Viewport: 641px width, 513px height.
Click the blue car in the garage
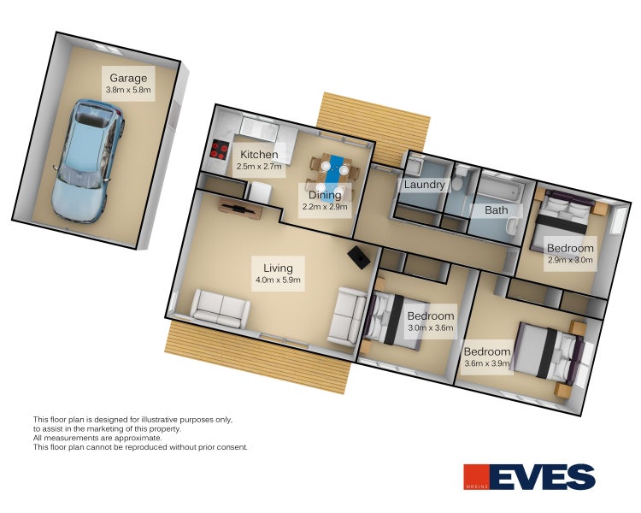[x=87, y=161]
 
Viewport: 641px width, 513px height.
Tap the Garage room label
[x=128, y=78]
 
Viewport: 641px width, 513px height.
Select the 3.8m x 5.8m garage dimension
[x=128, y=90]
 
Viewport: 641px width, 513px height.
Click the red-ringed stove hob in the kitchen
[x=220, y=150]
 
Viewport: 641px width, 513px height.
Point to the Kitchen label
[x=259, y=154]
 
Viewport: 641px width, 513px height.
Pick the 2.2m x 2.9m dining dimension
[x=325, y=207]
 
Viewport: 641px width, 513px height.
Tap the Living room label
[x=278, y=268]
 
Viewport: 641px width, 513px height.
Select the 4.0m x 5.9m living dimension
[x=278, y=280]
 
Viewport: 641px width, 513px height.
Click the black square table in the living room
[x=359, y=257]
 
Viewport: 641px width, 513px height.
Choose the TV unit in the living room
[x=240, y=209]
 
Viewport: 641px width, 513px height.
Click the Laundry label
[x=424, y=185]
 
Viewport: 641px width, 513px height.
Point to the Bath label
[x=497, y=209]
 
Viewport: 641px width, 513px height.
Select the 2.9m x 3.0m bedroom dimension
[x=570, y=259]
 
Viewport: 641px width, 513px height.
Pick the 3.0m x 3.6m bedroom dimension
[x=431, y=327]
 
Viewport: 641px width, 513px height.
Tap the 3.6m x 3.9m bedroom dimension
[x=487, y=363]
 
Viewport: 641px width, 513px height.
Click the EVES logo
[x=529, y=476]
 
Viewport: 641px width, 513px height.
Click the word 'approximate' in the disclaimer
[x=138, y=438]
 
